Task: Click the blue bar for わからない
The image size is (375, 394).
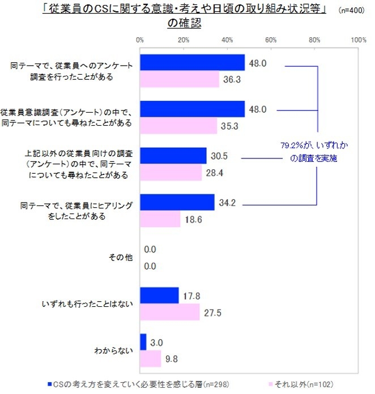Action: (x=143, y=342)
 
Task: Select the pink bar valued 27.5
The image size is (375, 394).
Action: (x=169, y=311)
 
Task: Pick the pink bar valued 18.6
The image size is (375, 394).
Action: (x=160, y=219)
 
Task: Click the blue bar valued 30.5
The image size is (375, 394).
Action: (x=173, y=156)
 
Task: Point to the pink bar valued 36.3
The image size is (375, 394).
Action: (x=179, y=80)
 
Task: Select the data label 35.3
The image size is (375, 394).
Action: (x=228, y=126)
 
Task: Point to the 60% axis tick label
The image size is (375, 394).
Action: (x=271, y=40)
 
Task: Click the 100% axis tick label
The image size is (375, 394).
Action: (x=358, y=40)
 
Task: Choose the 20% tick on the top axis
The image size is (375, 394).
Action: (x=183, y=40)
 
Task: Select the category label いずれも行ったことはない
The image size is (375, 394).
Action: (x=87, y=304)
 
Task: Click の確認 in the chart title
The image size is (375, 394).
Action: (x=184, y=24)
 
